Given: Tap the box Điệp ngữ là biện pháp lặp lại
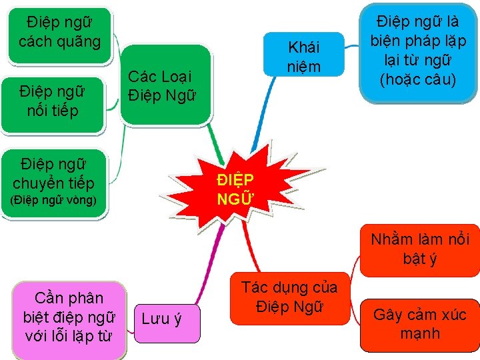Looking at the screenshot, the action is (x=419, y=52).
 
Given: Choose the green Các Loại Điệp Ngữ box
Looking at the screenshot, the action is (x=160, y=86).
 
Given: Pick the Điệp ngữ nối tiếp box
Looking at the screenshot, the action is (x=53, y=101).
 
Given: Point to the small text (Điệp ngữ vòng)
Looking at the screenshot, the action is (x=53, y=200).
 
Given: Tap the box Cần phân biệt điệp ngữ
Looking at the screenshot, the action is (x=69, y=315).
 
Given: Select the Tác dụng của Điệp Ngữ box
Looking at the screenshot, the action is (x=289, y=298).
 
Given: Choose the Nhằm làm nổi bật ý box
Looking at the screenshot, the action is (x=420, y=249).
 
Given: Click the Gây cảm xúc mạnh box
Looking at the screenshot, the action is (x=420, y=324).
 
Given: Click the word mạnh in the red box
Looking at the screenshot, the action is (x=420, y=333).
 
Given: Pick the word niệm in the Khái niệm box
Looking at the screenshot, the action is (x=303, y=66).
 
